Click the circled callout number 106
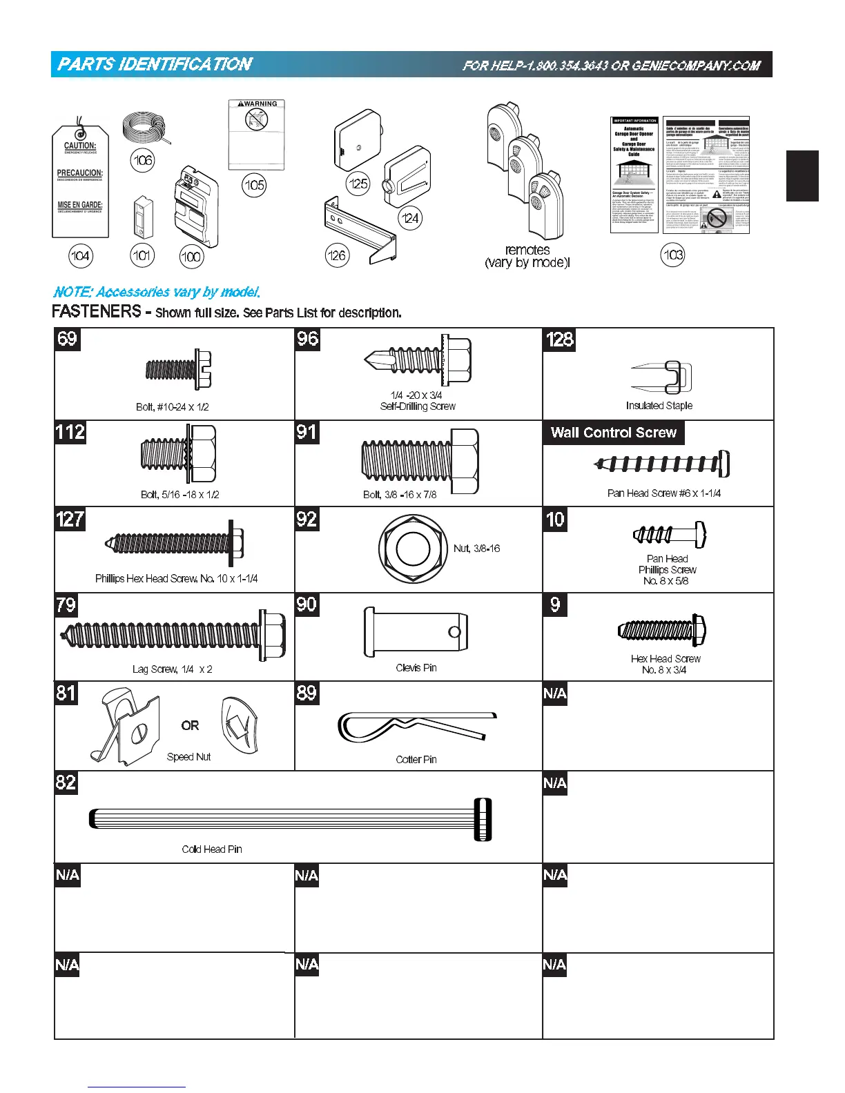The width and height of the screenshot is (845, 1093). coord(142,161)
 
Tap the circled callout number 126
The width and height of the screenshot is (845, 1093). coord(336,255)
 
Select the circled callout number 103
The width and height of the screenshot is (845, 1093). coord(673,255)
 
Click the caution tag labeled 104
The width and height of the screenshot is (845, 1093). coord(80,181)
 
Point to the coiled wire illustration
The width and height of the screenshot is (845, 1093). coord(144,129)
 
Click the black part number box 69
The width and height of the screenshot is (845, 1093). coord(67,339)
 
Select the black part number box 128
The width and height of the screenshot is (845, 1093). coord(559,339)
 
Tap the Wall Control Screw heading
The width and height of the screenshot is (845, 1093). coord(613,433)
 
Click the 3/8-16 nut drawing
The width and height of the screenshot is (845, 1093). coord(410,549)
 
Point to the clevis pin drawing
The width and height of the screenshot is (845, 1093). coord(416,632)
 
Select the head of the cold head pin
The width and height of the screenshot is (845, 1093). coord(483,819)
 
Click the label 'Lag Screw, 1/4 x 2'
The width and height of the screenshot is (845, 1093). coord(172,669)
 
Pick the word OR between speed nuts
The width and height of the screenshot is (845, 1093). coord(190,726)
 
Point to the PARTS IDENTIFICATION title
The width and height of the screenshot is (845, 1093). coord(155,65)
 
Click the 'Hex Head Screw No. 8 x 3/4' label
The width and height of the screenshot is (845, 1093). coord(665,664)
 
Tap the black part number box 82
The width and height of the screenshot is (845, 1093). coord(66,782)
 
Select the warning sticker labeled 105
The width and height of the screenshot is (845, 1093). coord(256,134)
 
